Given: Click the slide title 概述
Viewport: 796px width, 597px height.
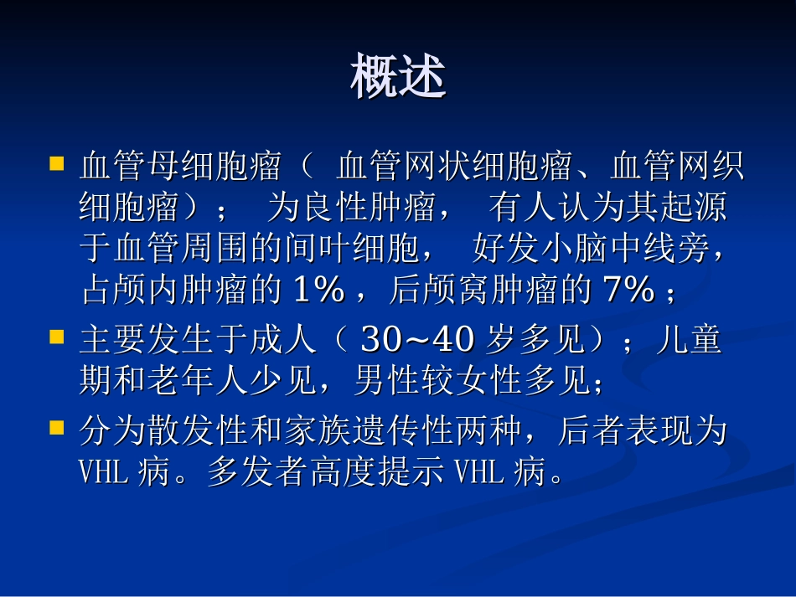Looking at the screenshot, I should pos(398,78).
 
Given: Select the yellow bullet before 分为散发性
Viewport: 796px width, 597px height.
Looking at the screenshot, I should pos(57,428).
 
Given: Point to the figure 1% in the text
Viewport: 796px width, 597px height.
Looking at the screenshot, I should pos(318,291).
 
